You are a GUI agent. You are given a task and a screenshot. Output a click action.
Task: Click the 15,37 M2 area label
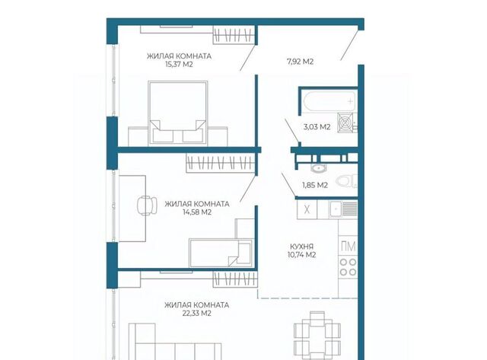[180, 65]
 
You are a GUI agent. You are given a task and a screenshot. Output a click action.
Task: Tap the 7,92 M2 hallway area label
[300, 62]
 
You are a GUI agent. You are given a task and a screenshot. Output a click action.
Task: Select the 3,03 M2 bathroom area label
[317, 127]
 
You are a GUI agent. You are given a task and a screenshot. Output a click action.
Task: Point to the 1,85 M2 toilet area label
[315, 185]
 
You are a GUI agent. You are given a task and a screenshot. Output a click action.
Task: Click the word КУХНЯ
[301, 247]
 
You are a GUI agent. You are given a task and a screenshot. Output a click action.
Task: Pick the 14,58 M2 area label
[197, 212]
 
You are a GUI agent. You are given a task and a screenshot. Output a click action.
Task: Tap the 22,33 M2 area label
[197, 313]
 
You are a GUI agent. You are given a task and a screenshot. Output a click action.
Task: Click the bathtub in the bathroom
[329, 101]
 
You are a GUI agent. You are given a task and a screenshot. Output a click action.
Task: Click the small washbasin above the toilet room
[318, 168]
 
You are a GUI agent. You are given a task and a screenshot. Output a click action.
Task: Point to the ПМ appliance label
[349, 247]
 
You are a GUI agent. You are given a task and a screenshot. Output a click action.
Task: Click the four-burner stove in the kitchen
[348, 267]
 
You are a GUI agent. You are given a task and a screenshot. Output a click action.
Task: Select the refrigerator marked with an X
[307, 209]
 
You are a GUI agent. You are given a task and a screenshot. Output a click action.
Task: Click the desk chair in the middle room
[147, 205]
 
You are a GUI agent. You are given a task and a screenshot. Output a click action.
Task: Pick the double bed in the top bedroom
[178, 113]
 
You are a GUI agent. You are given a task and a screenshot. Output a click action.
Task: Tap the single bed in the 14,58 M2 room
[221, 253]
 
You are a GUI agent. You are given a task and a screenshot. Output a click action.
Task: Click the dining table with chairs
[317, 336]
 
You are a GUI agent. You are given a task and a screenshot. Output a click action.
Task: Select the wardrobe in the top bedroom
[234, 34]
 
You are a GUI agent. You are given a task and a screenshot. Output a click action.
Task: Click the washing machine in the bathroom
[346, 123]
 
